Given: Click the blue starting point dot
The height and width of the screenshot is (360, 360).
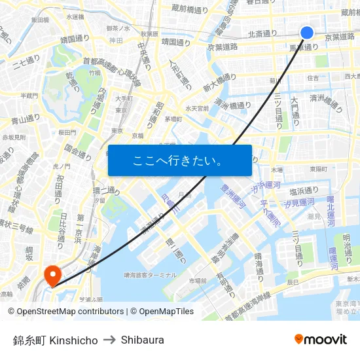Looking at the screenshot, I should coord(307,32).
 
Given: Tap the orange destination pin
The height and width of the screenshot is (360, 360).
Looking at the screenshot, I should coord(51,274).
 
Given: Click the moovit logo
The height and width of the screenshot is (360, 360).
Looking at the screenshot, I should coord(320,339).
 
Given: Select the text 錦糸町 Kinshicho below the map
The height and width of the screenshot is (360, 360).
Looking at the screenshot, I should coord(55,340).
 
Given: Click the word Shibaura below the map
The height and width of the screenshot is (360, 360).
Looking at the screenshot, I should coord(142,340).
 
